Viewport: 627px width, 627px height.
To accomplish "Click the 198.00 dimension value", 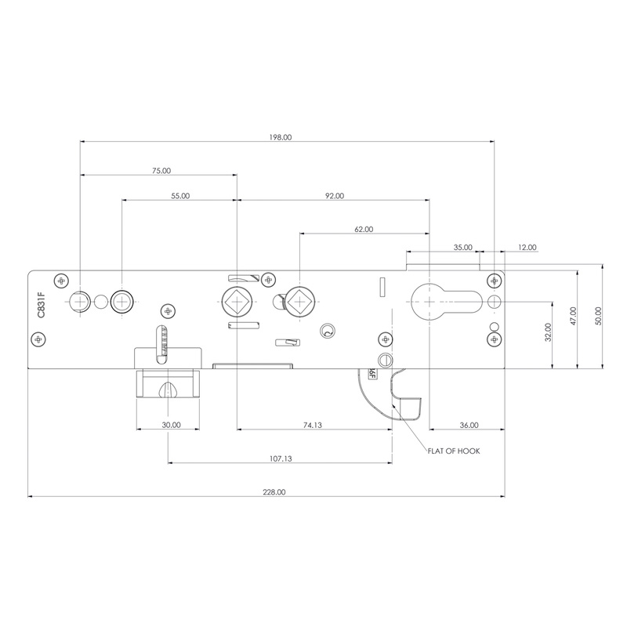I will point(280,137).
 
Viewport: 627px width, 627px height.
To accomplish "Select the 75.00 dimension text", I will point(161,170).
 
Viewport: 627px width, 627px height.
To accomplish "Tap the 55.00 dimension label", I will point(180,196).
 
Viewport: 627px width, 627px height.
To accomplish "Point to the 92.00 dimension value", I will point(334,196).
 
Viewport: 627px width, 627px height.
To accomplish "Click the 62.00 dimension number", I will point(364,230).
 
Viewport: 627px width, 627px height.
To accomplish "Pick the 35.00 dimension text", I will point(463,248).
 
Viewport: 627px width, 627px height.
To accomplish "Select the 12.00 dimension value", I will point(527,248).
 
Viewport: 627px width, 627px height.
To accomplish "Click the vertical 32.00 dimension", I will point(548,332).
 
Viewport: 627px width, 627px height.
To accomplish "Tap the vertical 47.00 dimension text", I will point(573,316).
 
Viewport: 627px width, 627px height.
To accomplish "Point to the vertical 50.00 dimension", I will point(597,316).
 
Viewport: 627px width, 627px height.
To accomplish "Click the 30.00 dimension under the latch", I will point(172,425).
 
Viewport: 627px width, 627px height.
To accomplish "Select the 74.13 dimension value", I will point(312,425).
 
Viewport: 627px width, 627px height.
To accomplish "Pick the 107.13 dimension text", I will point(279,458).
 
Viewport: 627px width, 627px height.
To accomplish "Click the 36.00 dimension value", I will point(469,425).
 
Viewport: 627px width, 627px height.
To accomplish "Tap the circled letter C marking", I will point(328,332).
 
